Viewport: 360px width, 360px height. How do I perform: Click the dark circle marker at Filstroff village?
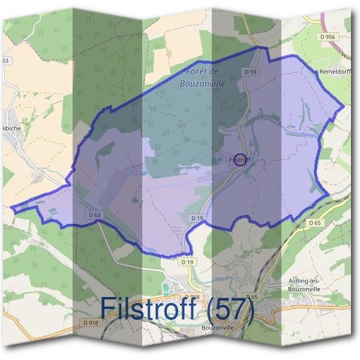tap(240, 160)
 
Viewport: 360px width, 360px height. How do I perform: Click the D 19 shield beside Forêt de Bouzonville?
tap(250, 71)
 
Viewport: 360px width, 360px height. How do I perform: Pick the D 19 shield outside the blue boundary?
tap(187, 262)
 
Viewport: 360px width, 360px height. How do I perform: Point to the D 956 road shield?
tap(328, 37)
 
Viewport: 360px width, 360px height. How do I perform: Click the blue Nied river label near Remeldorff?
tap(308, 135)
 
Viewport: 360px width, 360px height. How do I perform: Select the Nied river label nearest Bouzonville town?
tap(223, 279)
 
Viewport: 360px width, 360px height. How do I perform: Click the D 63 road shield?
tap(94, 215)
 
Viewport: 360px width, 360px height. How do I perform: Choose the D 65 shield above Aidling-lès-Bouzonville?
tap(314, 223)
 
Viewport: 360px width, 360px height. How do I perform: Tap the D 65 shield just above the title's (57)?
tap(251, 297)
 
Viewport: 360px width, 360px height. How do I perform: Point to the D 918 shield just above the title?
tap(192, 297)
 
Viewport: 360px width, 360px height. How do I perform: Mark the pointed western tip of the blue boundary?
tap(11, 208)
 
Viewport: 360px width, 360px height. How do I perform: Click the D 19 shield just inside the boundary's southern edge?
tap(197, 217)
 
